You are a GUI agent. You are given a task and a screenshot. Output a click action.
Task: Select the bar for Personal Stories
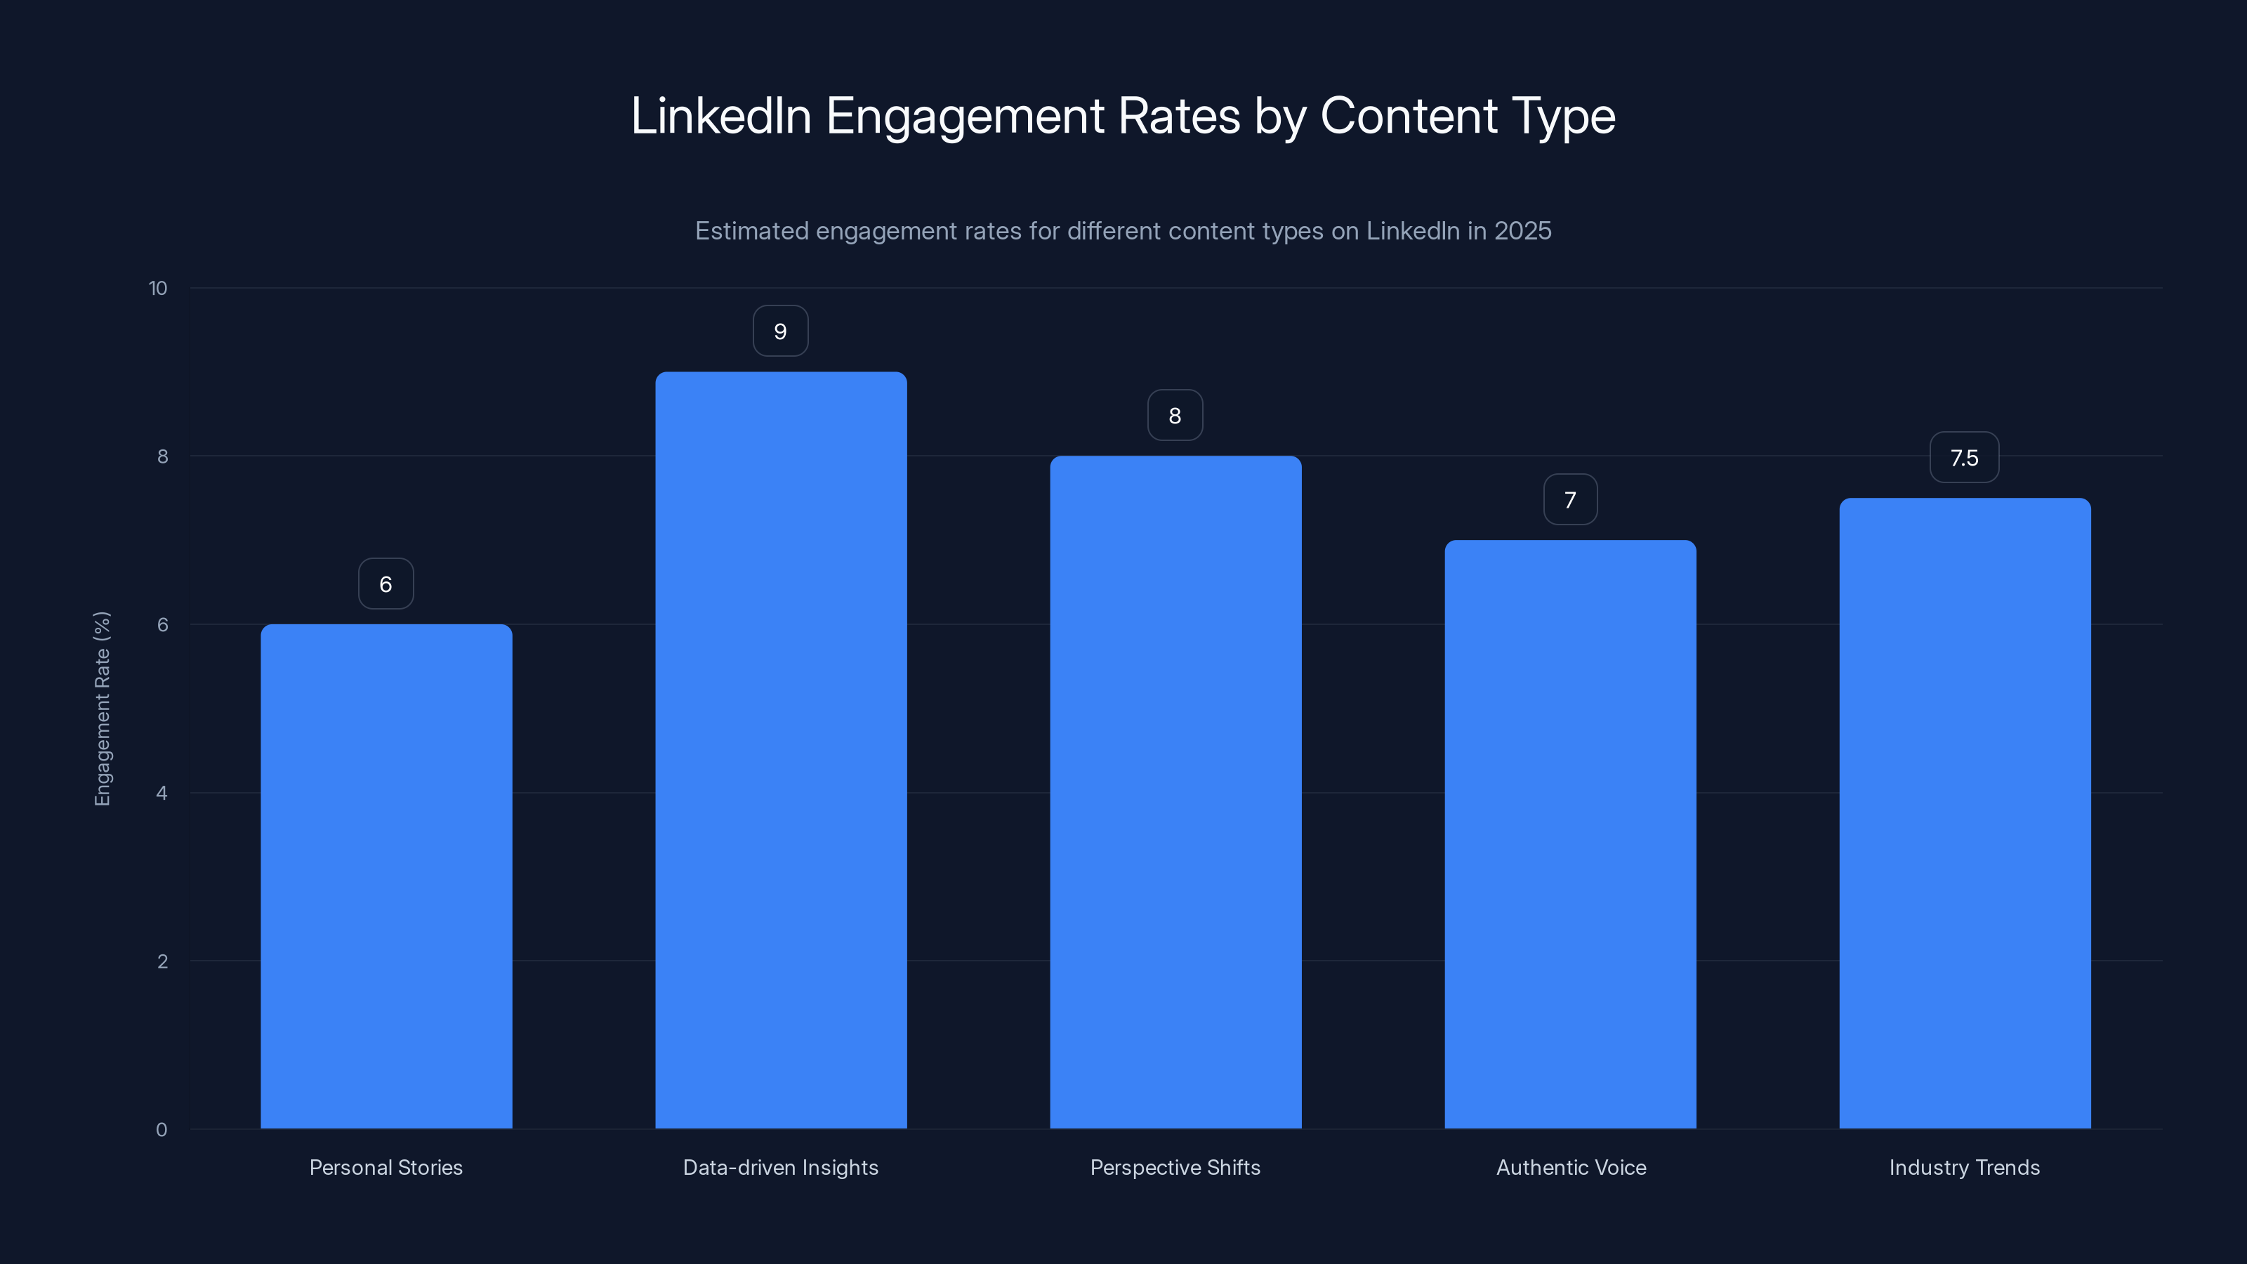click(x=386, y=876)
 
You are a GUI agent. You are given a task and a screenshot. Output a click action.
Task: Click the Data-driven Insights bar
click(x=781, y=750)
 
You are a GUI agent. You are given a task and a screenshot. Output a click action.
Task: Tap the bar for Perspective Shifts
click(x=1175, y=792)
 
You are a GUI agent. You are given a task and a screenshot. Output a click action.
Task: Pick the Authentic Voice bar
click(x=1570, y=834)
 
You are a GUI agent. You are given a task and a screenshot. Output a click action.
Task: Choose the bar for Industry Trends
click(x=1965, y=813)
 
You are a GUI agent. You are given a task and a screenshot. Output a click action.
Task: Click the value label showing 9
click(x=781, y=331)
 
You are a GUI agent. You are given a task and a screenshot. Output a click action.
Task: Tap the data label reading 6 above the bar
click(x=386, y=584)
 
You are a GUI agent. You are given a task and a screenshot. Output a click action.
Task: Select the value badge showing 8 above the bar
click(x=1175, y=416)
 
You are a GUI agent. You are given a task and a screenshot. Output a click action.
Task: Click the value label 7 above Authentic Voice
click(x=1570, y=500)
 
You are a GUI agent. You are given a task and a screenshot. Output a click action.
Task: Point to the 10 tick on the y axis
click(x=158, y=289)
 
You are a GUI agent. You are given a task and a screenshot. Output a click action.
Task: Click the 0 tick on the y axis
click(x=162, y=1130)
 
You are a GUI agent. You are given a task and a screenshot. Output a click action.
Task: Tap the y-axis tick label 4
click(x=162, y=793)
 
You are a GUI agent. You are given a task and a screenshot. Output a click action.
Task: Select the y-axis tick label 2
click(x=162, y=961)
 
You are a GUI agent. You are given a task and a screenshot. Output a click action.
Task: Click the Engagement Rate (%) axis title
click(x=102, y=709)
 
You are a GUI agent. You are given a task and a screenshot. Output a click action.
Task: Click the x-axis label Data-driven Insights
click(x=781, y=1167)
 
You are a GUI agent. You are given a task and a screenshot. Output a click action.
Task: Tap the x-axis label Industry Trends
click(x=1965, y=1167)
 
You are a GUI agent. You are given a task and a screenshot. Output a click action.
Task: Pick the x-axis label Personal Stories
click(x=386, y=1167)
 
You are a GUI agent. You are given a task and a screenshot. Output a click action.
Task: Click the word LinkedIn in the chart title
click(x=720, y=116)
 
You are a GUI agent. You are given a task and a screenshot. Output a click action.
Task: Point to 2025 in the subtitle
click(x=1522, y=231)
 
